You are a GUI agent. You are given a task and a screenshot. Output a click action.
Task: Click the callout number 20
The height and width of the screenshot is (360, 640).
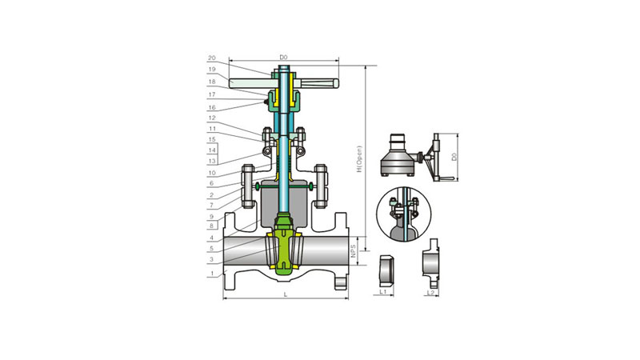click(211, 58)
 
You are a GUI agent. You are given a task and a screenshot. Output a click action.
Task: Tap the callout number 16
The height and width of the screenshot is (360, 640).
click(211, 108)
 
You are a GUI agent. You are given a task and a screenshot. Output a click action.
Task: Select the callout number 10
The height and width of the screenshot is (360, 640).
click(211, 173)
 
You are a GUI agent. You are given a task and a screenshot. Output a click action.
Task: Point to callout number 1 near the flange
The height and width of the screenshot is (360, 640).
click(212, 274)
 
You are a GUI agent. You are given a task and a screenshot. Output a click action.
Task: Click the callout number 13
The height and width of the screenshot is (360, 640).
click(211, 162)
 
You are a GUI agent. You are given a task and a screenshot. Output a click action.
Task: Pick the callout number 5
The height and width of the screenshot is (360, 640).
click(211, 249)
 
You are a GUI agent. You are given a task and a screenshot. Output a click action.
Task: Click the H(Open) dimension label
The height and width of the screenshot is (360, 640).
click(359, 158)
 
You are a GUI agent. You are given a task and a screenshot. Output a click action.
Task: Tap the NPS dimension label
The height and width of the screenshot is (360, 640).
click(354, 251)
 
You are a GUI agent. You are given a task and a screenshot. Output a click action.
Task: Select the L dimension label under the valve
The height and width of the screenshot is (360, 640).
click(286, 294)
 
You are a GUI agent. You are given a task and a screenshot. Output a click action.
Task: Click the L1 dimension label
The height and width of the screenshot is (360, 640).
click(383, 292)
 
